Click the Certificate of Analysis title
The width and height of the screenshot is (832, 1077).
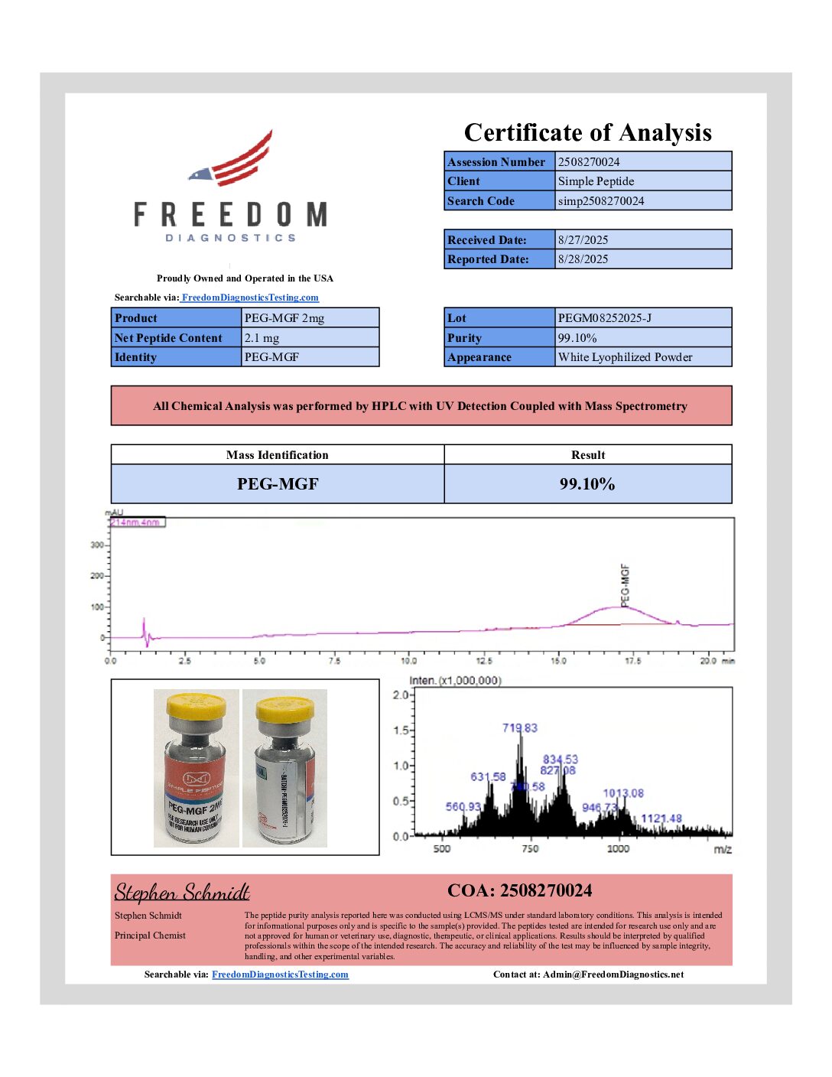(x=587, y=132)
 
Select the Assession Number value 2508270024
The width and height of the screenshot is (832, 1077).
(x=589, y=161)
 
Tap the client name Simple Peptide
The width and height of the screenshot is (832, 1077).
(x=596, y=181)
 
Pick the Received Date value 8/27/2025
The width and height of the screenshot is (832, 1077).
(x=583, y=239)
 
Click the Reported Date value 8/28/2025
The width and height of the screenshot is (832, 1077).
(x=583, y=259)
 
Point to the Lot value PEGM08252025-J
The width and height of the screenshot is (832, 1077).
(x=604, y=317)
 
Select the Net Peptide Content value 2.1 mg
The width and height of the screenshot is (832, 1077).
(x=262, y=337)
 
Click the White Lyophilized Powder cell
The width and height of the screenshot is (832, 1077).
(x=625, y=357)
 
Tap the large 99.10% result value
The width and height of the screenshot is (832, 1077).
(x=587, y=484)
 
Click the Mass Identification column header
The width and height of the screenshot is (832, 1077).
(x=277, y=455)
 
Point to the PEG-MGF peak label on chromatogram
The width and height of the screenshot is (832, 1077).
(x=625, y=585)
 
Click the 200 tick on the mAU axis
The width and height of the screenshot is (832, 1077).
(x=97, y=576)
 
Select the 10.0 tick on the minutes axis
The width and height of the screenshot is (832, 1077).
(x=409, y=661)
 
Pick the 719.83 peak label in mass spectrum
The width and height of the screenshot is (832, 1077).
(x=519, y=727)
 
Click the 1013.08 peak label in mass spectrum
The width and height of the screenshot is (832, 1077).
(x=623, y=793)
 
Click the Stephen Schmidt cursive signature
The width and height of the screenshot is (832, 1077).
(x=182, y=892)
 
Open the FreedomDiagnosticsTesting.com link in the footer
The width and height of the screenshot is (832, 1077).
(x=280, y=975)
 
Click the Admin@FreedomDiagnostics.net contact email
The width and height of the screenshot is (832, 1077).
(x=613, y=975)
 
